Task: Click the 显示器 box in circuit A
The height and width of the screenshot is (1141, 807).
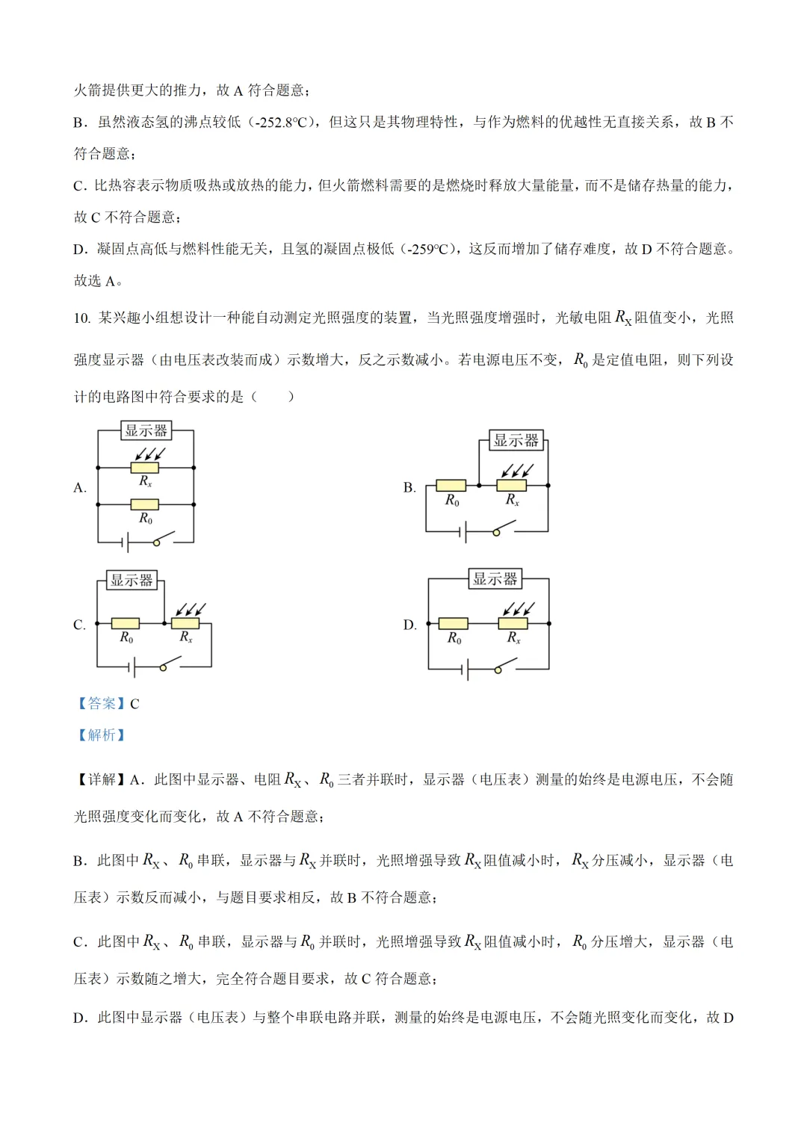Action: click(x=146, y=430)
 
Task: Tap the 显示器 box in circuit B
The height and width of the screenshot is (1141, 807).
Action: click(x=516, y=440)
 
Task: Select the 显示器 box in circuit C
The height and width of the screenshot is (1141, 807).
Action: click(x=132, y=580)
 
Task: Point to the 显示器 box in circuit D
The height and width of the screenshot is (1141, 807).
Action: click(x=495, y=578)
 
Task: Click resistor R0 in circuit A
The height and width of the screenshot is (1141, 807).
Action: click(x=145, y=504)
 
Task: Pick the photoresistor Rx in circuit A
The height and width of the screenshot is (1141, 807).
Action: click(x=145, y=468)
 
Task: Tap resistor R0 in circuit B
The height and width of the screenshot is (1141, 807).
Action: click(x=451, y=486)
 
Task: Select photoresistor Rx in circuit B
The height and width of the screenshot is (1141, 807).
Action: click(x=512, y=486)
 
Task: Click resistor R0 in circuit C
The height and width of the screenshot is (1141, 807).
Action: click(x=126, y=623)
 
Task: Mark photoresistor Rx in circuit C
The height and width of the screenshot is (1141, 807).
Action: click(x=185, y=623)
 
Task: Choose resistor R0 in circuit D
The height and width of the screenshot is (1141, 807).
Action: click(x=453, y=623)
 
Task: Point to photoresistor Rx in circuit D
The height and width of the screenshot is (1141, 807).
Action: click(x=513, y=623)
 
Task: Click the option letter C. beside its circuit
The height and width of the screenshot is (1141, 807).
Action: click(x=79, y=625)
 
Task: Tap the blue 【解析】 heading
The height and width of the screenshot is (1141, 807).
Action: click(x=102, y=735)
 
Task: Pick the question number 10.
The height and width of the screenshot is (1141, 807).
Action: click(x=81, y=318)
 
